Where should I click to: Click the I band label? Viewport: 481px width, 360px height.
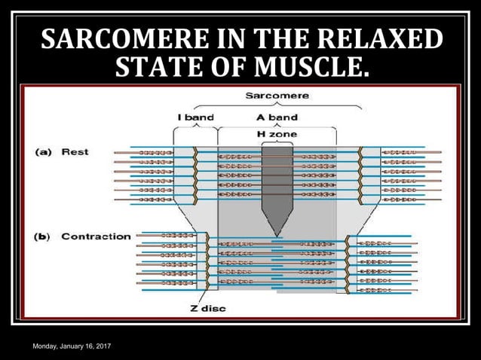point(196,117)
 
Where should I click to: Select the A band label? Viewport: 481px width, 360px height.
point(277,117)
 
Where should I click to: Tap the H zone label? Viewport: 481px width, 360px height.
point(277,134)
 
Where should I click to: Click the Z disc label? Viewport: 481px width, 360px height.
point(207,307)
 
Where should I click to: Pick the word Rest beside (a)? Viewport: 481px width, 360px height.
point(75,152)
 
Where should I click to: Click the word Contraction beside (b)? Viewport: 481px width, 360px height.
point(96,236)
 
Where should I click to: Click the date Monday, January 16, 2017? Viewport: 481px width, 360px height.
point(71,344)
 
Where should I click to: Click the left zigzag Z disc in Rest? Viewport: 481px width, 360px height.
point(195,175)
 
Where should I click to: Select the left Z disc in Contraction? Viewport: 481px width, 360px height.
point(207,261)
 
